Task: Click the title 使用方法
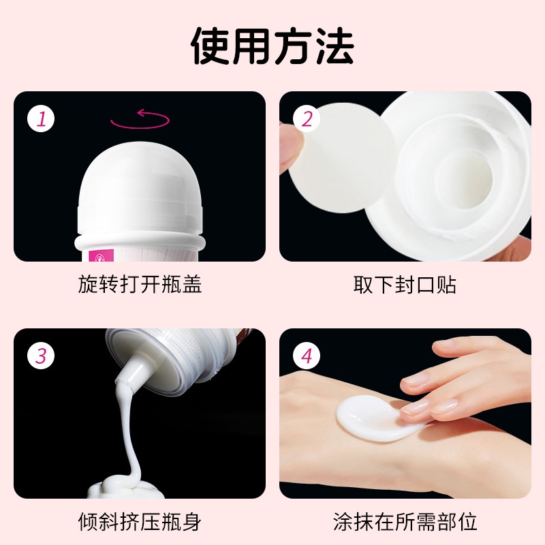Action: (272, 46)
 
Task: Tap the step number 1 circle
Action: (41, 119)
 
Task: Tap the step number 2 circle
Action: (307, 119)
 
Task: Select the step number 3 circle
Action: (41, 356)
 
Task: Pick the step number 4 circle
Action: (307, 356)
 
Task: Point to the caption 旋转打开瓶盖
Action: (140, 284)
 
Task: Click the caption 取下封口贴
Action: (405, 284)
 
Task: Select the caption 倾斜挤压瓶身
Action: (140, 521)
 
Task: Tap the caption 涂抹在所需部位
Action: (405, 521)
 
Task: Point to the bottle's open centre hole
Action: (465, 181)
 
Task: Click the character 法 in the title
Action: (334, 46)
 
